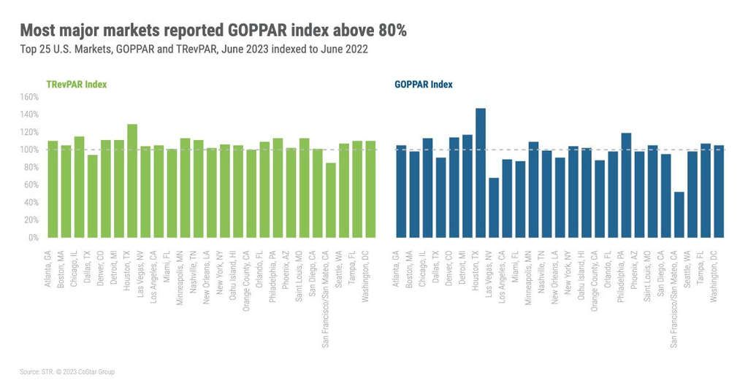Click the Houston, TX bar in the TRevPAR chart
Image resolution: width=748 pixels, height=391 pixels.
coord(132,181)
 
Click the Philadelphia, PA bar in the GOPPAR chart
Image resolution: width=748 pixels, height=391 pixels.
coord(626,185)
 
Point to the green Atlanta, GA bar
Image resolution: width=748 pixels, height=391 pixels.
coord(53,189)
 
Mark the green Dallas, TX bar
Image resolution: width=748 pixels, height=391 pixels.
coord(93,196)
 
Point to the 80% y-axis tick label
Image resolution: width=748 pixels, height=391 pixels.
coord(29,167)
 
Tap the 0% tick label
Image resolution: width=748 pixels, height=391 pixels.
coord(32,238)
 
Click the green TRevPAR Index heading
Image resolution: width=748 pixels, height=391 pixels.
coord(76,85)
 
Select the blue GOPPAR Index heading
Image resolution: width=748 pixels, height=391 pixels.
coord(423,85)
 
